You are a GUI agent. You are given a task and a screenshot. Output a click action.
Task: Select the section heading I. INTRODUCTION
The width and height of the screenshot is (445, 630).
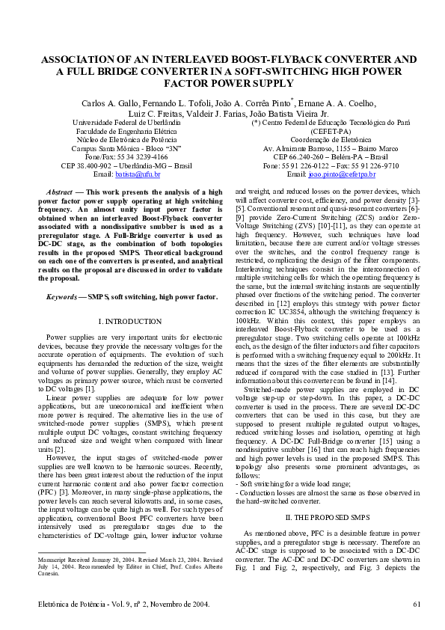(130, 321)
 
